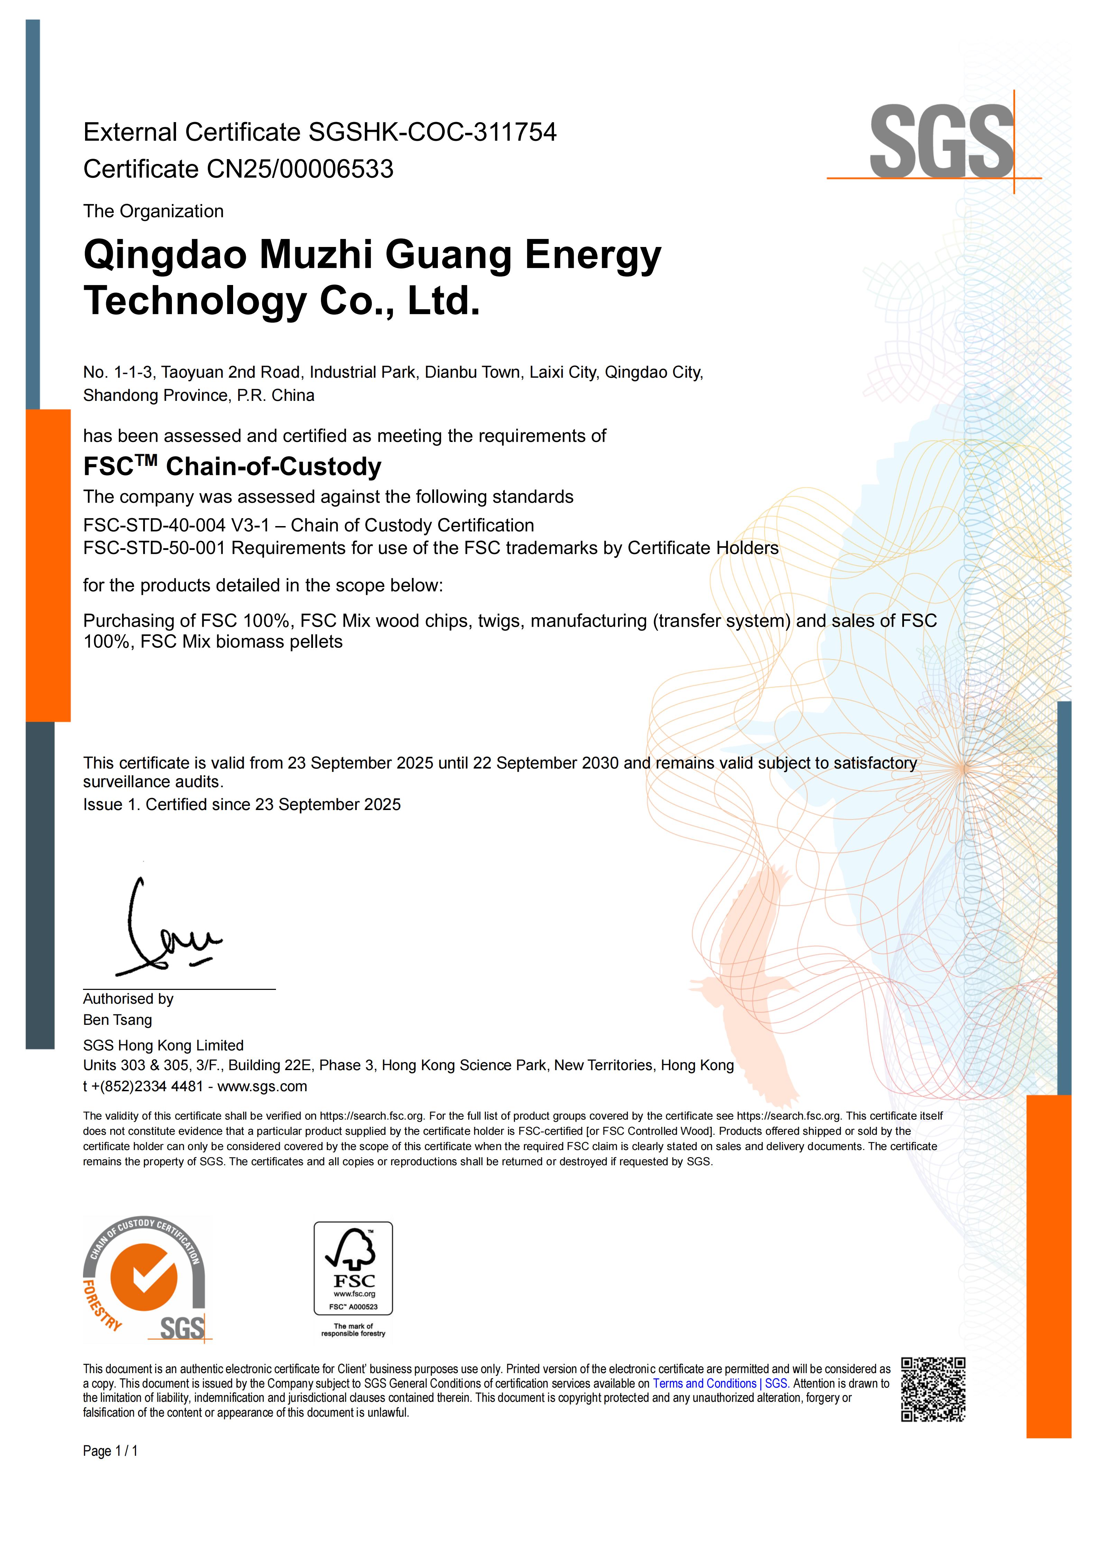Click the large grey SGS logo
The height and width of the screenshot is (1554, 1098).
[x=941, y=142]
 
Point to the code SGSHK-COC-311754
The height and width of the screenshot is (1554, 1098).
[x=432, y=132]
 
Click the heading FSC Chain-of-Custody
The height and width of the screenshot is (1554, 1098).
[x=232, y=466]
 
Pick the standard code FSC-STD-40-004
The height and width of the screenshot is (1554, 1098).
[x=154, y=525]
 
